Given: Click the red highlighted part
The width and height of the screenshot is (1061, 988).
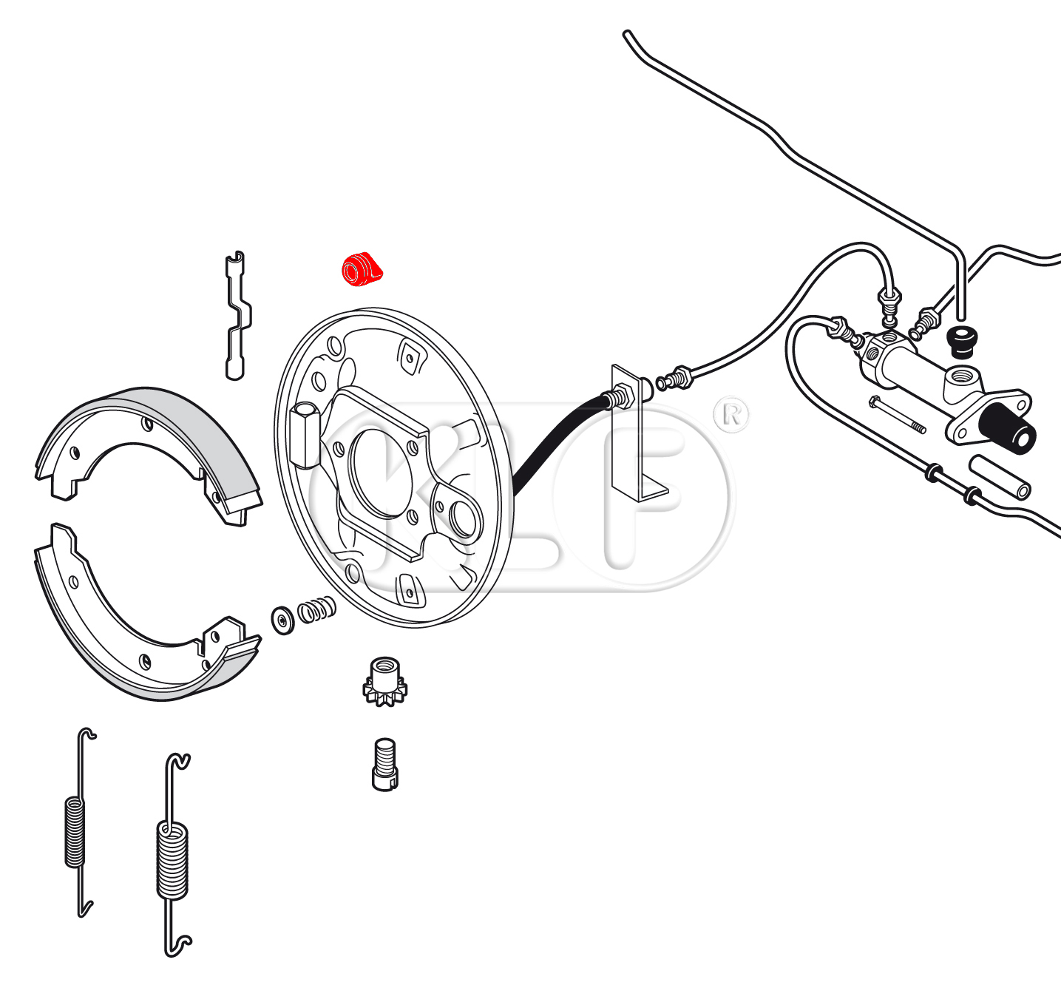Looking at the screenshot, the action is click(362, 269).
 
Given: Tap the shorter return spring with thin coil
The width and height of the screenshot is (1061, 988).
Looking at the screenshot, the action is click(80, 822).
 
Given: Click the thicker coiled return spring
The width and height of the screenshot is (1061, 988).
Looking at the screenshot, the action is click(174, 855).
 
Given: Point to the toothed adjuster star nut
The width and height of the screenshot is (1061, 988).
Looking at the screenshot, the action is click(384, 682).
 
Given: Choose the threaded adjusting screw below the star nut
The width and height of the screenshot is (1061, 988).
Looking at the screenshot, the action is click(384, 765).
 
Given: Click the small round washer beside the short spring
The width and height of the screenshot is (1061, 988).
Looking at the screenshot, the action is click(282, 620).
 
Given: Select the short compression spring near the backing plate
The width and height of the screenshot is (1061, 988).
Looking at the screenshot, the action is click(316, 609).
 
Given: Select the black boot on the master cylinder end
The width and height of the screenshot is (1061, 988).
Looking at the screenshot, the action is click(1008, 428).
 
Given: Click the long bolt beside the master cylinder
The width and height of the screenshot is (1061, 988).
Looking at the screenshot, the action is click(897, 415).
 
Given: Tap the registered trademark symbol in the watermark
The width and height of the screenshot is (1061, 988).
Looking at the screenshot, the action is click(731, 414).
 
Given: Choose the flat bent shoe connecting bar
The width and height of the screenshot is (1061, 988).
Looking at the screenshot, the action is click(237, 315).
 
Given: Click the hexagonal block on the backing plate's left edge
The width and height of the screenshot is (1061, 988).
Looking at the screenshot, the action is click(305, 435).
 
